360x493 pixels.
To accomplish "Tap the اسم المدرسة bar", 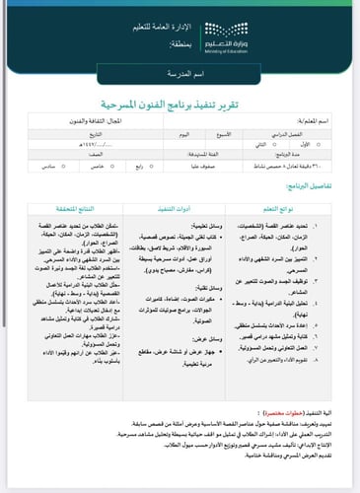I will point(180,75).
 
